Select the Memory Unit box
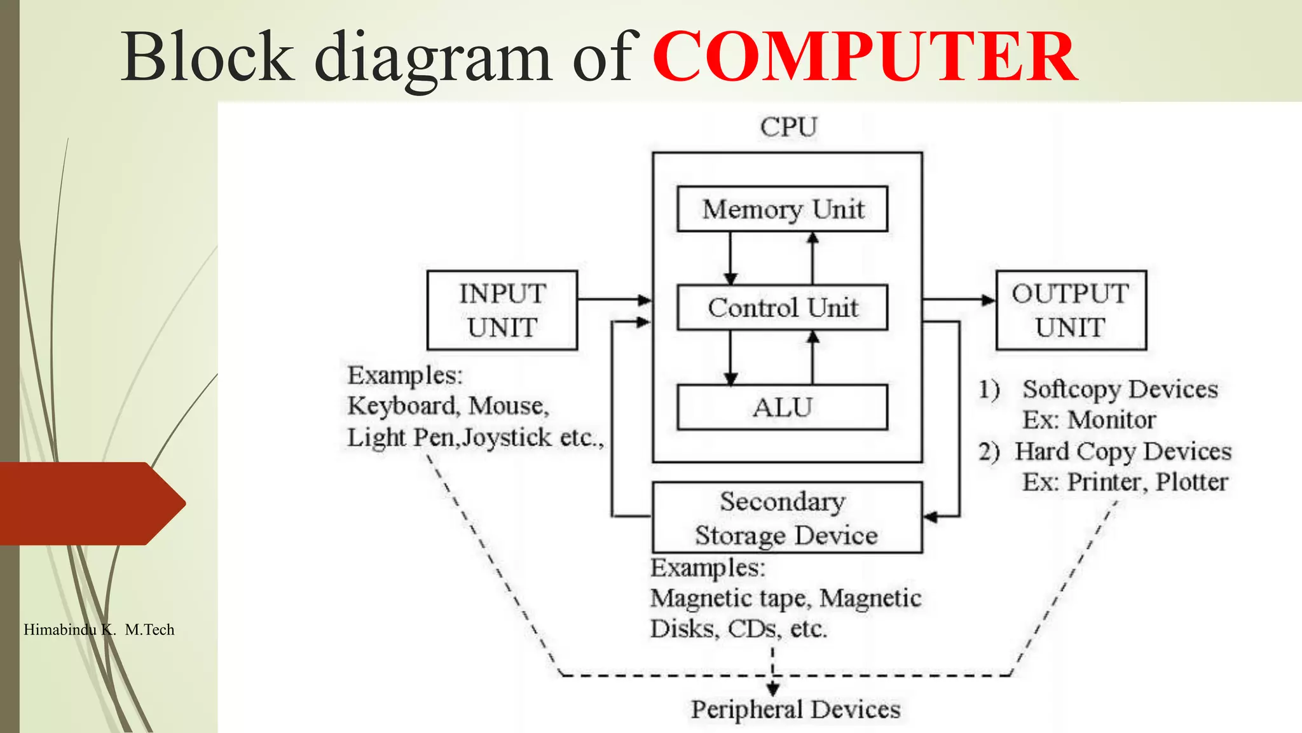coord(783,209)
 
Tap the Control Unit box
coord(783,307)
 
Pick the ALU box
coord(783,407)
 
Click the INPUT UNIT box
coord(502,311)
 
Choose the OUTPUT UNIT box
coord(1071,311)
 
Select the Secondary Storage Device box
coord(787,518)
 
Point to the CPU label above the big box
coord(788,127)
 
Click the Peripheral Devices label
coord(796,709)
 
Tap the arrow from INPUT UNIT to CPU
coord(614,299)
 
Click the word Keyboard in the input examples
coord(402,406)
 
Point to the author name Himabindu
coord(60,630)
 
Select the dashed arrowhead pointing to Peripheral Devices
coord(773,689)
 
